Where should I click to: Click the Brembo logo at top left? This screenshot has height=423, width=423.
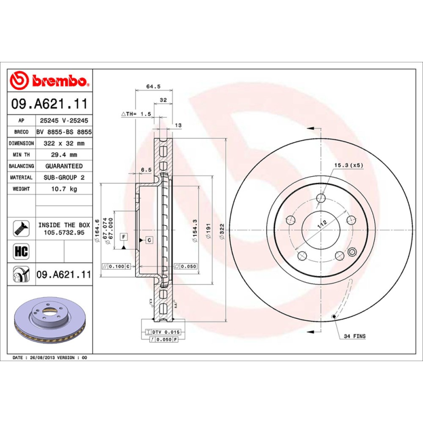[x=49, y=80]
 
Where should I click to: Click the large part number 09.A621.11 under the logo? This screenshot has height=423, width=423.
[x=49, y=103]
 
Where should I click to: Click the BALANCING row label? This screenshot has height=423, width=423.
[x=22, y=166]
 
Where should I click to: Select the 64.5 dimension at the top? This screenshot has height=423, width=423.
[x=153, y=86]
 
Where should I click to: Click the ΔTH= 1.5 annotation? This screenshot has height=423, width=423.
[x=136, y=114]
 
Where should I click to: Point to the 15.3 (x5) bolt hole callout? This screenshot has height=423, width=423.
[x=348, y=166]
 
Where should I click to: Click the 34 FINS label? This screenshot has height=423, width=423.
[x=354, y=336]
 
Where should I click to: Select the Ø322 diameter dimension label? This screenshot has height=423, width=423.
[x=222, y=231]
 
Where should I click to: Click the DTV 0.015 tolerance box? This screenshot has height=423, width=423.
[x=166, y=332]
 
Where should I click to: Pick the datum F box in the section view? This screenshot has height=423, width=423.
[x=123, y=236]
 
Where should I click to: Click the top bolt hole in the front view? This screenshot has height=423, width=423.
[x=320, y=199]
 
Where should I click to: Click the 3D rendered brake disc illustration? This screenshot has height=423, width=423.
[x=50, y=320]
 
